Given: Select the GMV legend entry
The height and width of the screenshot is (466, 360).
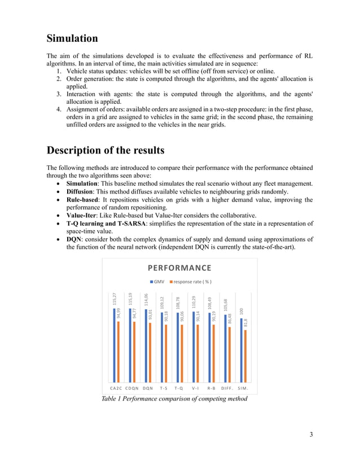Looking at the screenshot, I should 157,281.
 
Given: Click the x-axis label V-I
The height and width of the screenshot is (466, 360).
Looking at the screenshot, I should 195,388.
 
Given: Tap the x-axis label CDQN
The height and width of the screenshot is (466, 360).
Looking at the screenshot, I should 132,388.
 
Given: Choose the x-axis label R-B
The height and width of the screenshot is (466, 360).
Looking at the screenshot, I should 212,388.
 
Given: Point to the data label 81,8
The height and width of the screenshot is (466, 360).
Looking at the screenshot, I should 245,323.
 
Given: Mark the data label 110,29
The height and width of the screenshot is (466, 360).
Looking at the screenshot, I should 194,303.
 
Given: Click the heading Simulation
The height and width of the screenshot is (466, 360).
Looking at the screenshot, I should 72,39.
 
